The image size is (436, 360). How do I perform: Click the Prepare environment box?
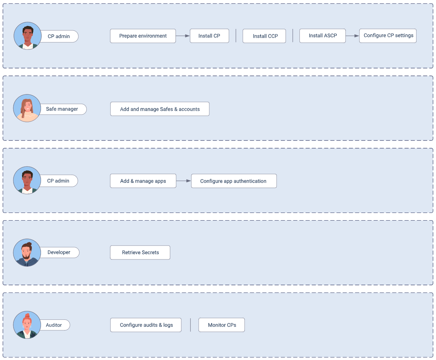click(x=143, y=36)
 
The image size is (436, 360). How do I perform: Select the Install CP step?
click(x=209, y=36)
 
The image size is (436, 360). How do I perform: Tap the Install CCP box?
click(x=264, y=36)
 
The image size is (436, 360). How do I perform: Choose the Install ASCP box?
click(x=323, y=36)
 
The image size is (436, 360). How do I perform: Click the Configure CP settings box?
click(x=388, y=36)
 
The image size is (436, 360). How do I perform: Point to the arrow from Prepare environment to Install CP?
click(x=183, y=36)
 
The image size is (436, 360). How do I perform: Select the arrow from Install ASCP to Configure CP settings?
click(x=352, y=36)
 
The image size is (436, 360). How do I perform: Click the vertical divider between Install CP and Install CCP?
click(x=236, y=36)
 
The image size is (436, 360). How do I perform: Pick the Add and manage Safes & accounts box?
click(x=160, y=109)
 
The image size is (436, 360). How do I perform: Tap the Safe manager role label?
click(x=62, y=109)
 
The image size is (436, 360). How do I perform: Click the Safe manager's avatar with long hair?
click(x=27, y=108)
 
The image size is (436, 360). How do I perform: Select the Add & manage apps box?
click(x=143, y=181)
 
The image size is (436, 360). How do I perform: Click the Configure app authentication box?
click(x=234, y=181)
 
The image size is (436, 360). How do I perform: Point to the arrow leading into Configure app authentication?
click(x=183, y=181)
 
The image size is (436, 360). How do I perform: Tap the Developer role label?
click(x=59, y=252)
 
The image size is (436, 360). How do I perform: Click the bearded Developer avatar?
click(x=27, y=253)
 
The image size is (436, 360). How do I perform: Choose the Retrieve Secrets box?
click(x=140, y=252)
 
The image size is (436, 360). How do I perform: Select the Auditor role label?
click(x=54, y=325)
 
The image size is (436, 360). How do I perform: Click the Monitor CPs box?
click(x=221, y=325)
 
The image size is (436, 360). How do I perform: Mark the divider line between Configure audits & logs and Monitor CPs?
click(x=190, y=325)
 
